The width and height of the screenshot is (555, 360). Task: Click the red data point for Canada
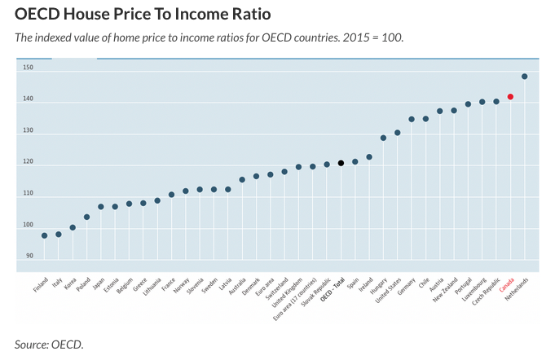[510, 97]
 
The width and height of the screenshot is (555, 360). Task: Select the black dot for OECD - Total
[341, 163]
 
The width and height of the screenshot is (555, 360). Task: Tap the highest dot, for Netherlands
[525, 77]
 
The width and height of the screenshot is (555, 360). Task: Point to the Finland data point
[44, 235]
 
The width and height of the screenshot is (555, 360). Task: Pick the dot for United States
[397, 133]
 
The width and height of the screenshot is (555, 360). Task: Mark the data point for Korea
[73, 227]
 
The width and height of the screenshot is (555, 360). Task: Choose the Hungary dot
[383, 138]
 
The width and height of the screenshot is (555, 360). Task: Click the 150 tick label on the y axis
[29, 67]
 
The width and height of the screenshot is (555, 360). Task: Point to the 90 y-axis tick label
[29, 256]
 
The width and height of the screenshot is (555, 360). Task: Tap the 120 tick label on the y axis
[29, 161]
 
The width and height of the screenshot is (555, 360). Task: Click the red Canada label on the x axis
[506, 285]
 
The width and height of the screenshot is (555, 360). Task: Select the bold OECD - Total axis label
[333, 290]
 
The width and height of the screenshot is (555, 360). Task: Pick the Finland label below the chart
[41, 285]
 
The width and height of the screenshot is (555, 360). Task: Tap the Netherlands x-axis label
[517, 289]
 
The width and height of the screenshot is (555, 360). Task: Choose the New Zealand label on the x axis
[445, 290]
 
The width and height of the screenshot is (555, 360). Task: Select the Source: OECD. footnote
[49, 345]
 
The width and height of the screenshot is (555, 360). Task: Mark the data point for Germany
[412, 119]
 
